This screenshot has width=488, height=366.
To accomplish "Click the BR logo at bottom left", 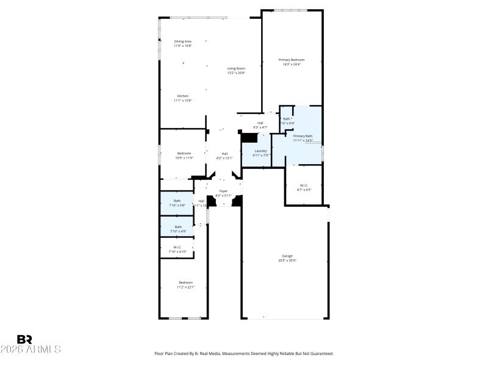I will (24, 339).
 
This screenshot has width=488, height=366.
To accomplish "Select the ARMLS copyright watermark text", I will (30, 350).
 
